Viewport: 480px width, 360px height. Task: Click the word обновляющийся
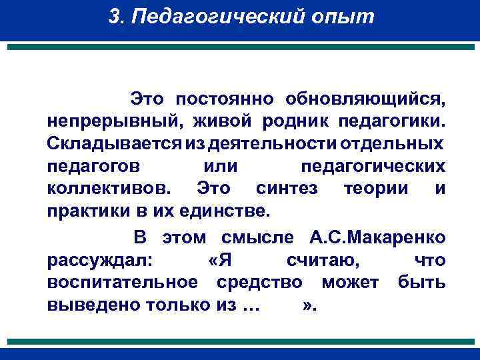(365, 100)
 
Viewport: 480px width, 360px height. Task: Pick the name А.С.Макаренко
(379, 237)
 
